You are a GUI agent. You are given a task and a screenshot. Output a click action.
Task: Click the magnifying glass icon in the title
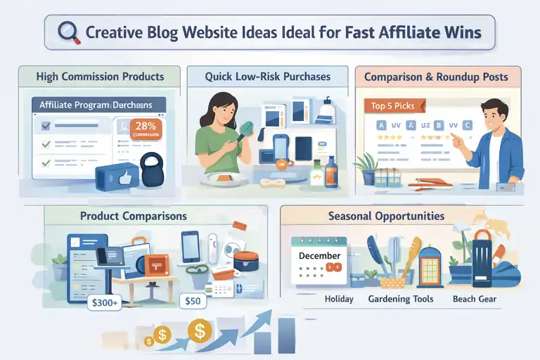pyautogui.click(x=67, y=32)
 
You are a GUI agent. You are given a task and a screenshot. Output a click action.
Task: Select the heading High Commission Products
pyautogui.click(x=101, y=76)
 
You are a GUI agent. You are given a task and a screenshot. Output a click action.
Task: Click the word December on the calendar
pyautogui.click(x=319, y=255)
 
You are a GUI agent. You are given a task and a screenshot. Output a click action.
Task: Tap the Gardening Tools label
pyautogui.click(x=401, y=299)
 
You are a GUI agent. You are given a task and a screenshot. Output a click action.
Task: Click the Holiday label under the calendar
pyautogui.click(x=339, y=299)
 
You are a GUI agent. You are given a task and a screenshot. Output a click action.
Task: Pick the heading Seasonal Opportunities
pyautogui.click(x=386, y=216)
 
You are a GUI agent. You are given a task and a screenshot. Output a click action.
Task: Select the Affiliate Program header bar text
pyautogui.click(x=96, y=105)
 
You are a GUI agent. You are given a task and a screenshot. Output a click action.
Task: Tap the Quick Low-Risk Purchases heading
pyautogui.click(x=267, y=76)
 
